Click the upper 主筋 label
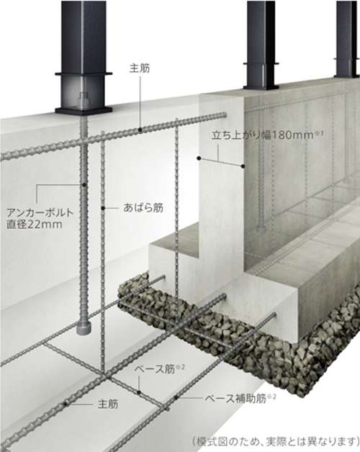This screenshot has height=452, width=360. [140, 68]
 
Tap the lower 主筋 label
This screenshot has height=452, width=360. [108, 404]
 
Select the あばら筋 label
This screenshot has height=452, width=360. [143, 207]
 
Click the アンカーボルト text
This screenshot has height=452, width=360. [40, 213]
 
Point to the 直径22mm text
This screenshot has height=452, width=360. [35, 225]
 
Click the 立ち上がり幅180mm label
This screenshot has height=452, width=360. [266, 135]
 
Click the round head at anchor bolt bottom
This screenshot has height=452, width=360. [84, 328]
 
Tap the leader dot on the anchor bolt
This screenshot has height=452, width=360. [84, 184]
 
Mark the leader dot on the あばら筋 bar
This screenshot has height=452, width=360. [103, 207]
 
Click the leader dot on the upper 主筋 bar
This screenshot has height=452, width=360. [140, 130]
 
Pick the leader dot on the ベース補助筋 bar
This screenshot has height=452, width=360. [176, 398]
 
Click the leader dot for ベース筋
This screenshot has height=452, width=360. [139, 392]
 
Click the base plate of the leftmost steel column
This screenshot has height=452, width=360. [84, 110]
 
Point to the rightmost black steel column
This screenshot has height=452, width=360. [347, 39]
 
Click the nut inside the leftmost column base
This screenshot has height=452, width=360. [84, 98]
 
